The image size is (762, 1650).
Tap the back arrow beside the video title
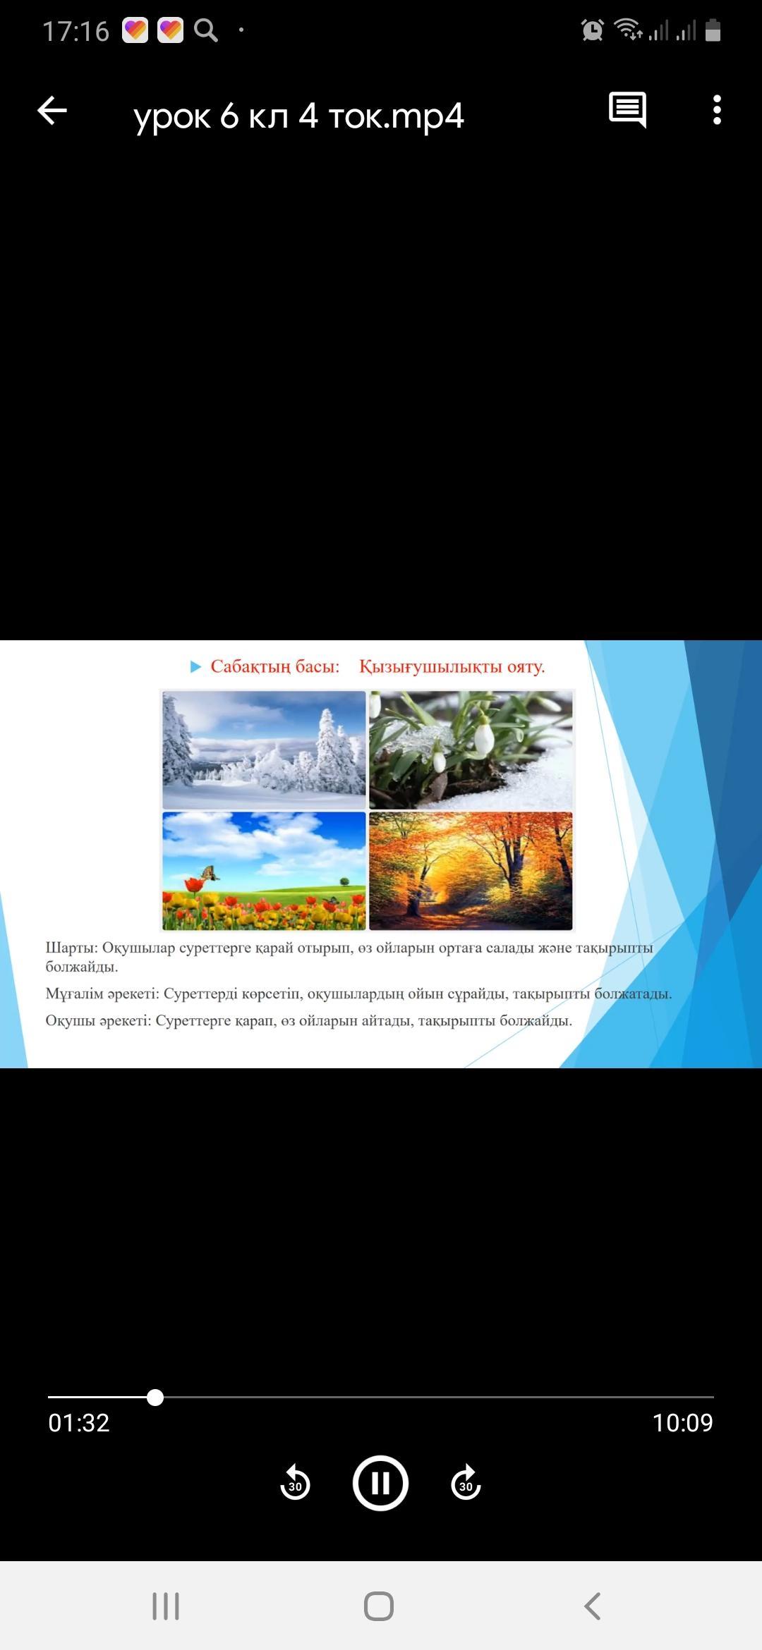tap(52, 111)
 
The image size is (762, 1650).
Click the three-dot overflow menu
tap(717, 110)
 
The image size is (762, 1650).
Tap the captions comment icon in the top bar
tap(627, 110)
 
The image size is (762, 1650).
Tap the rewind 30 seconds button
tap(295, 1483)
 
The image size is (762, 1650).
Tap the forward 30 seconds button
tap(466, 1483)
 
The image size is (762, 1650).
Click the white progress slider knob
tap(155, 1397)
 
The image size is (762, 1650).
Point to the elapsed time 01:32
tap(79, 1423)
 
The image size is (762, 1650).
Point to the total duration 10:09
tap(682, 1423)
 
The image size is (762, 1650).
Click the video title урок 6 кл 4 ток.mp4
tap(298, 116)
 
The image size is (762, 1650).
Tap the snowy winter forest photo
tap(264, 750)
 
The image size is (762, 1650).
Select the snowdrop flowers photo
tap(471, 750)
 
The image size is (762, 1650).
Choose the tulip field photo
tap(264, 871)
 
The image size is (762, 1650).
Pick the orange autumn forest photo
tap(471, 871)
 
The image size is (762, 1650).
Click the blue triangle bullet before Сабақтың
tap(195, 667)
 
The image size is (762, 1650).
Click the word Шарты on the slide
tap(70, 948)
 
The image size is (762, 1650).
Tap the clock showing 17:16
tap(75, 31)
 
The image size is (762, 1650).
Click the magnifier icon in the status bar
tap(206, 30)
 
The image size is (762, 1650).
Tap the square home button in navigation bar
tap(379, 1606)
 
